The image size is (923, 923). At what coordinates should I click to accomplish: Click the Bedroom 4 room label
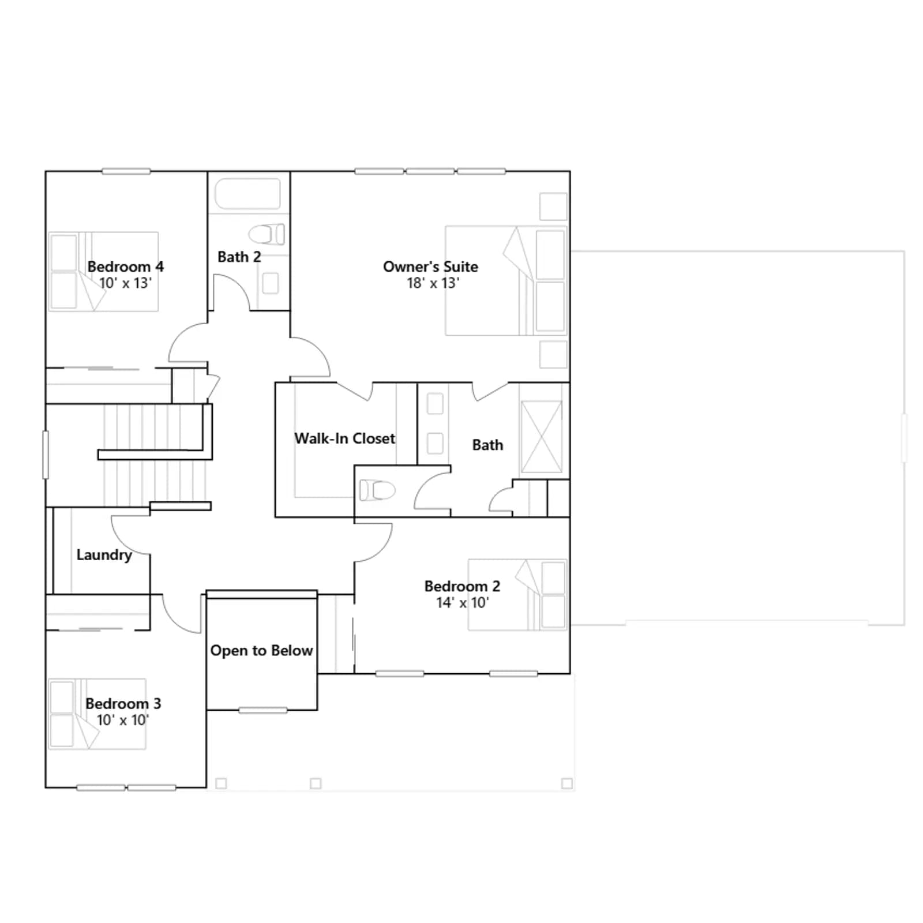click(x=125, y=267)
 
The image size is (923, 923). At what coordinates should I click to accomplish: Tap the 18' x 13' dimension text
click(x=433, y=283)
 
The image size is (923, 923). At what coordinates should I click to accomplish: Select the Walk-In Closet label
click(x=345, y=438)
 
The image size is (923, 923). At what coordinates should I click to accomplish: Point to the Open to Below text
click(x=261, y=651)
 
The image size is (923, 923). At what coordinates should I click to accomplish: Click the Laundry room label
click(x=104, y=555)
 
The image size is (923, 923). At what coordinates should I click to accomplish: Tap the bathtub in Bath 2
click(x=247, y=193)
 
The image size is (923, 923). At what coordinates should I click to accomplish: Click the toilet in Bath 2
click(x=267, y=234)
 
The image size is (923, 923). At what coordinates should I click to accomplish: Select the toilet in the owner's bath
click(x=377, y=490)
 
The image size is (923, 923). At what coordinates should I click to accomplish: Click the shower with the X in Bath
click(x=541, y=437)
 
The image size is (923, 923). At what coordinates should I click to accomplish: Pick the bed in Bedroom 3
click(x=97, y=714)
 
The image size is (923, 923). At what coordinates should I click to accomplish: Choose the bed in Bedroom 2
click(x=517, y=594)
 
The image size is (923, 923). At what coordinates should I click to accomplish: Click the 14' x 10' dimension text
click(x=463, y=603)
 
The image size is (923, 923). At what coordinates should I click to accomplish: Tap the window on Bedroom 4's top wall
click(x=126, y=171)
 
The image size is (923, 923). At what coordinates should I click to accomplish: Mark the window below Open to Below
click(x=262, y=710)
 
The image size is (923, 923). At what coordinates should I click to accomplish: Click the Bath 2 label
click(x=239, y=257)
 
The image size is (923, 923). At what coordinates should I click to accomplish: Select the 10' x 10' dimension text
click(x=123, y=720)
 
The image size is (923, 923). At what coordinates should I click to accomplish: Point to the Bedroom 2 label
click(x=462, y=586)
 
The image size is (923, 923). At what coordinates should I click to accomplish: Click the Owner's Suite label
click(x=430, y=267)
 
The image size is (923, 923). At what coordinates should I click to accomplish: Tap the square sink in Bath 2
click(x=271, y=283)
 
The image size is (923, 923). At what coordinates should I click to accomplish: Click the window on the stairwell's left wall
click(x=46, y=455)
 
